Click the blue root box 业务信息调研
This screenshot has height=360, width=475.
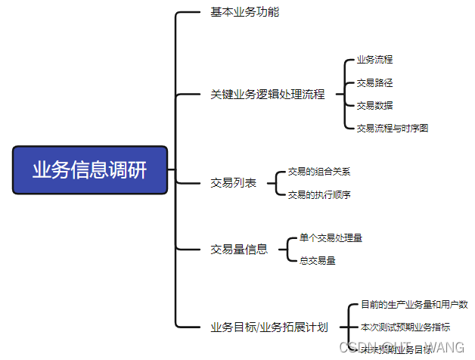90,170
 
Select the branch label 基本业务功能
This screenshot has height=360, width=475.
244,12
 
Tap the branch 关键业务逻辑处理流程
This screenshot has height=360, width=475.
267,95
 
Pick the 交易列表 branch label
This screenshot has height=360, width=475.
233,183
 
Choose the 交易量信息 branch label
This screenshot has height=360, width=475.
238,249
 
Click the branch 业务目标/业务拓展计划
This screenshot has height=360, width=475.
269,327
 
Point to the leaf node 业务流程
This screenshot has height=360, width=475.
374,59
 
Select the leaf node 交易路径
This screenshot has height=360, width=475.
374,82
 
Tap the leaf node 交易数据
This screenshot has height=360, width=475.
374,105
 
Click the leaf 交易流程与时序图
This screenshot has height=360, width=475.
393,128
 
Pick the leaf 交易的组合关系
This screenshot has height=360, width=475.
318,172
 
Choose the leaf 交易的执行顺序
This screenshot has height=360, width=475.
318,194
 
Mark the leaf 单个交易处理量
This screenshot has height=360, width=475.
331,237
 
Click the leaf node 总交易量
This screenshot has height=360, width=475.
317,260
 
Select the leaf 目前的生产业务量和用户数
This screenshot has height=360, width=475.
414,305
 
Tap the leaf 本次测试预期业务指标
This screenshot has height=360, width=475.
405,327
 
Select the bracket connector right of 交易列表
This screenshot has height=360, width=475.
275,183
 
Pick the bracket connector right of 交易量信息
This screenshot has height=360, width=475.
286,249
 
